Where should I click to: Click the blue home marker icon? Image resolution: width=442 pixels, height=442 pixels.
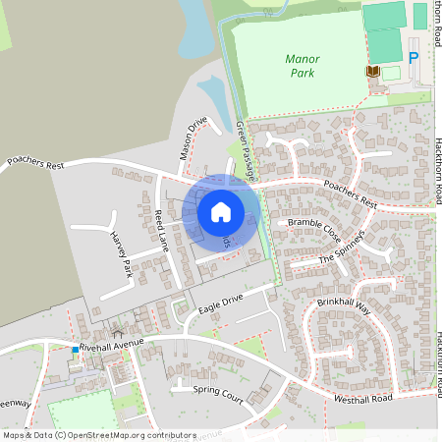221,211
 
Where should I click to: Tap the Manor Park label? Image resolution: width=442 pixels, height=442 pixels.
303,65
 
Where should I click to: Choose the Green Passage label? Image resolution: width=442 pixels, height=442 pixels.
246,149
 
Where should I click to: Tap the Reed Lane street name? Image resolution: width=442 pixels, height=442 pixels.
162,231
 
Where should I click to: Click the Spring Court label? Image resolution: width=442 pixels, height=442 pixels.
218,392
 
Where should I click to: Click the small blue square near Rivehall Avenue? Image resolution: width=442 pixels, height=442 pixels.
75,349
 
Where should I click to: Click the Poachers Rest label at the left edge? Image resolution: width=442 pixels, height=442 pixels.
34,162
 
